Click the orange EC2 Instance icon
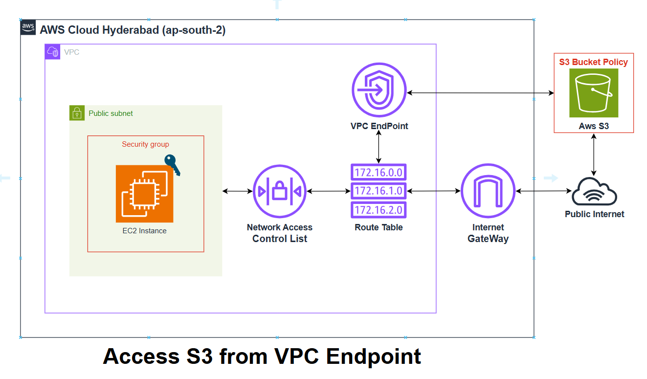[x=144, y=194]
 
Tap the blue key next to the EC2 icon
[x=172, y=165]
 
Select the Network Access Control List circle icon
[x=280, y=191]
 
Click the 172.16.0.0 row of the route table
[x=379, y=172]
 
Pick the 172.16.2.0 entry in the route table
[x=379, y=210]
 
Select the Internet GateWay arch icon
[x=488, y=191]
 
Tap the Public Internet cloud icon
[x=594, y=192]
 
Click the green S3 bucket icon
[x=594, y=93]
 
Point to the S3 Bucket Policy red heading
[x=593, y=62]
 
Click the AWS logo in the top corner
[x=28, y=28]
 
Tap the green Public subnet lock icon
[x=77, y=113]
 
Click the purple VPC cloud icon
[x=52, y=52]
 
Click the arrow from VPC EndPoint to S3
[x=479, y=92]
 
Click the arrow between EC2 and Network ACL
[x=237, y=191]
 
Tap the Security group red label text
[x=145, y=144]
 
